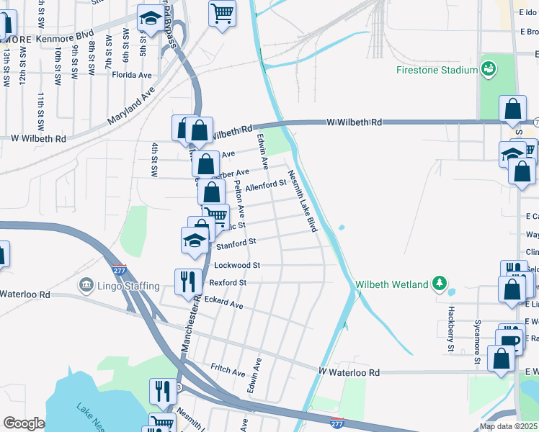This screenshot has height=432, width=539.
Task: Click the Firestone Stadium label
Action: [437, 70]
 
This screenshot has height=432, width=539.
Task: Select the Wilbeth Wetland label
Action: [392, 284]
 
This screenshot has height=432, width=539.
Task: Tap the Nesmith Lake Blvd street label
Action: [303, 201]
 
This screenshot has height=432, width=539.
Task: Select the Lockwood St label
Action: [237, 265]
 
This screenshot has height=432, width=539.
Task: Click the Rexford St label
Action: [228, 283]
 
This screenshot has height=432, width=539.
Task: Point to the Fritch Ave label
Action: [228, 369]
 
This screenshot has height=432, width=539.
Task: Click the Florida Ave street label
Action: [136, 75]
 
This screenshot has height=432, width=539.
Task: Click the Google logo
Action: [24, 423]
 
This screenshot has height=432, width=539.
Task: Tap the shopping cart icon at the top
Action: [223, 12]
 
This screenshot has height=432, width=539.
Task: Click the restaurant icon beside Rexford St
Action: [188, 281]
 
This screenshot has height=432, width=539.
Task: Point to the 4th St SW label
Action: [154, 160]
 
